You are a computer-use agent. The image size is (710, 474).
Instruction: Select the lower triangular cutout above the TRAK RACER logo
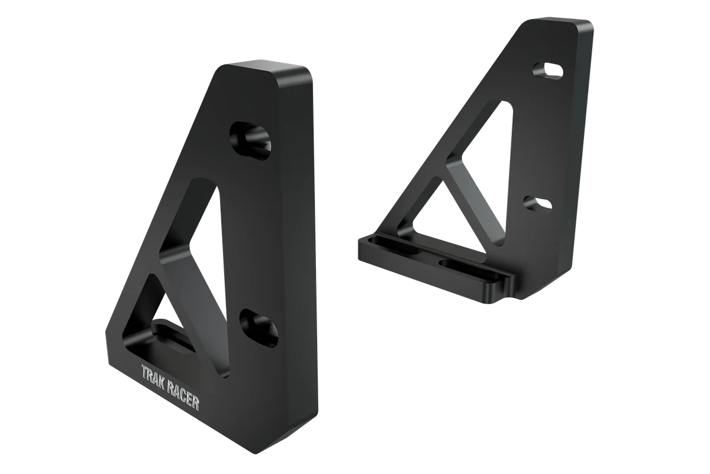tap(153, 314)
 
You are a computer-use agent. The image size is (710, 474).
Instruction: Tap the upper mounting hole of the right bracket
tap(547, 69)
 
